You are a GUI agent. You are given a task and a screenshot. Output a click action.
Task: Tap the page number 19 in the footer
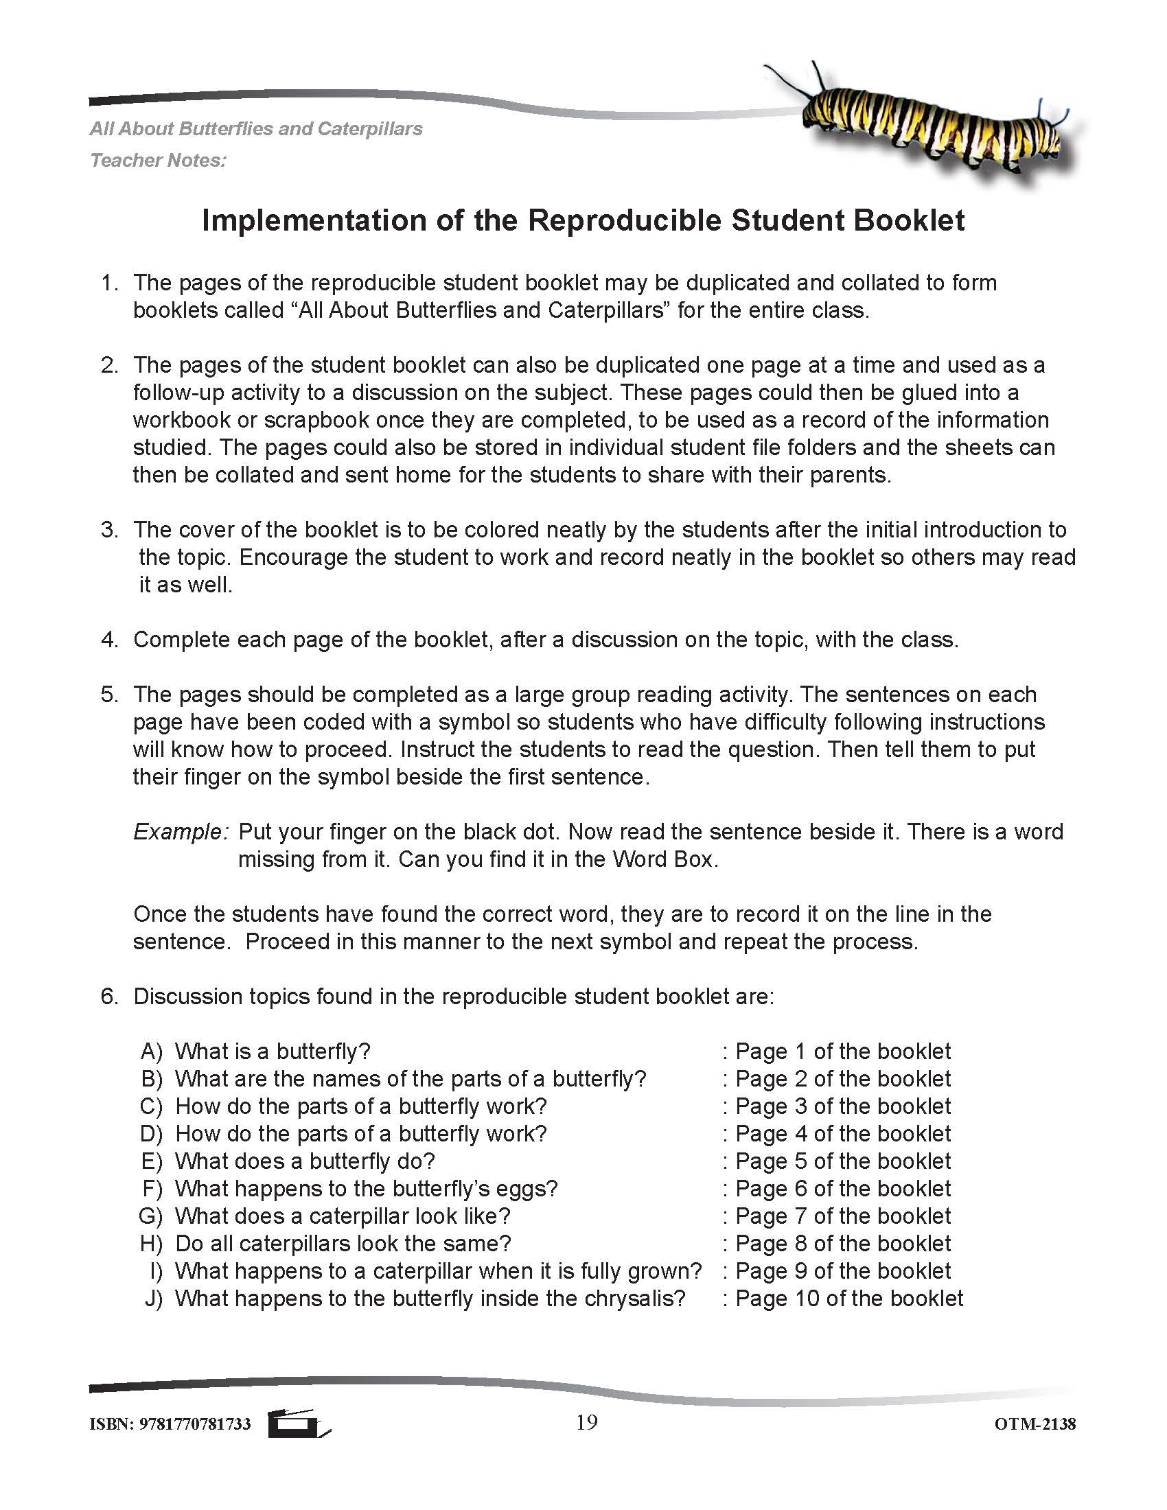coord(586,1422)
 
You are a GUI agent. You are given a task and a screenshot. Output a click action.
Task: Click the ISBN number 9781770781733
coord(195,1424)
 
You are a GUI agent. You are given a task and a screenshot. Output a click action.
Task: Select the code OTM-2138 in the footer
coord(1035,1424)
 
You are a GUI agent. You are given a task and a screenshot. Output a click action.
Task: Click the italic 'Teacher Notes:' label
coord(159,161)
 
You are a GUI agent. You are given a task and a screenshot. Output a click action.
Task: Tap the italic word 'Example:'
coord(180,832)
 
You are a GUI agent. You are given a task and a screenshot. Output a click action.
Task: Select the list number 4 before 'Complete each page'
coord(109,640)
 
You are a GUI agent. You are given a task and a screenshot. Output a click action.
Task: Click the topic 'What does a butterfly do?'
coord(305,1161)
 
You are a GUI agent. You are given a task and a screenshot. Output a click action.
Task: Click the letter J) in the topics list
coord(153,1298)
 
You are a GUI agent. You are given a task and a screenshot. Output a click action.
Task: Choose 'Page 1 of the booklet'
coord(842,1051)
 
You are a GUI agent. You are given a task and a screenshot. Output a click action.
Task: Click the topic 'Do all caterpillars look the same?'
coord(343,1243)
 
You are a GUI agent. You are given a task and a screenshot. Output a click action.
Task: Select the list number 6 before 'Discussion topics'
coord(109,997)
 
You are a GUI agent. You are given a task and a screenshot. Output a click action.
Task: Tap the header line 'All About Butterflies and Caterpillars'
coord(256,128)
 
